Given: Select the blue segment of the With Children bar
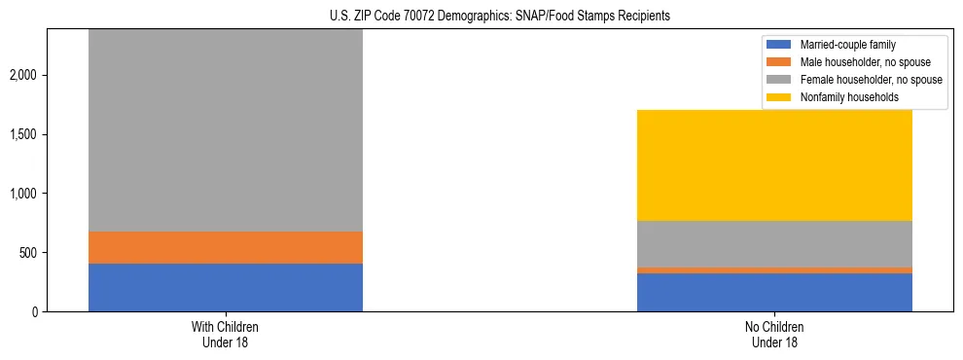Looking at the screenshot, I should (x=226, y=287).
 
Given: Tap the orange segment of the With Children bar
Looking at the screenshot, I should (x=226, y=247).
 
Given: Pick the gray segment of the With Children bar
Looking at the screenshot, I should (x=226, y=131).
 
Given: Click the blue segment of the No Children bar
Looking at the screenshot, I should (x=774, y=292).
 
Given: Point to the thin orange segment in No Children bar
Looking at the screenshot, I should (x=774, y=270).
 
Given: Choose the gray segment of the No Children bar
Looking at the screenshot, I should (x=774, y=243).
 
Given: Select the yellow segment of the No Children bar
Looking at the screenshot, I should (x=774, y=165).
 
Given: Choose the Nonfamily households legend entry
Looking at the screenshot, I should (x=842, y=97).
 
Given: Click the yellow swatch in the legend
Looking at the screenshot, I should (x=779, y=97).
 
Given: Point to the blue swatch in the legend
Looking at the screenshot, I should (x=779, y=45).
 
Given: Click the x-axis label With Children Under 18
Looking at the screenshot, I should (x=226, y=334).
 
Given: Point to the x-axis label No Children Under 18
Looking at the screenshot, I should (x=774, y=334).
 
